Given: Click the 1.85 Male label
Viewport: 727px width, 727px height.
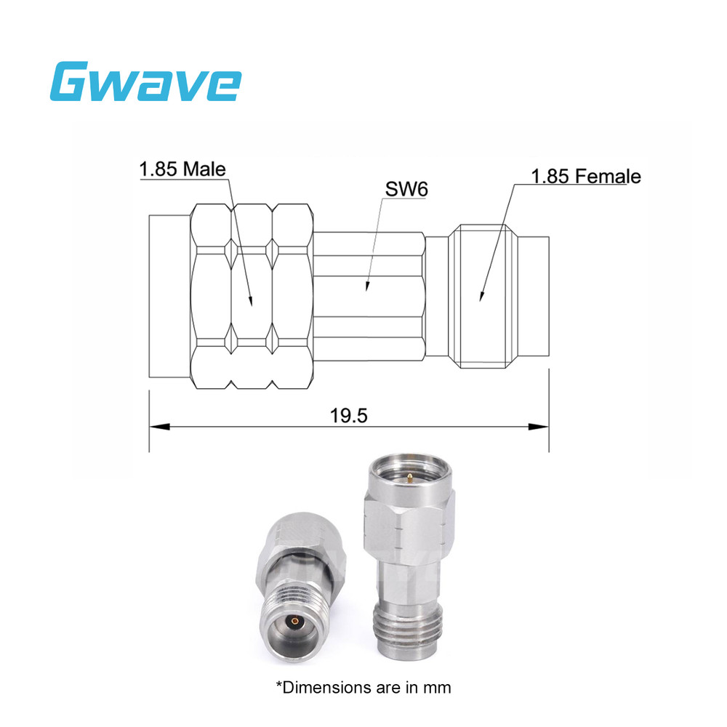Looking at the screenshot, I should pyautogui.click(x=182, y=169).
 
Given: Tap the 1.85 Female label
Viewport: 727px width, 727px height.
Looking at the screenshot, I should pyautogui.click(x=585, y=177).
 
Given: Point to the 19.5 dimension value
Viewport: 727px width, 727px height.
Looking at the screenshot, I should pyautogui.click(x=349, y=416).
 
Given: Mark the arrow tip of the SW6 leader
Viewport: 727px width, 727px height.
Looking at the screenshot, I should pyautogui.click(x=366, y=290).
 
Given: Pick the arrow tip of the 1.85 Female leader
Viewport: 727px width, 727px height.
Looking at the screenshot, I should pyautogui.click(x=480, y=298).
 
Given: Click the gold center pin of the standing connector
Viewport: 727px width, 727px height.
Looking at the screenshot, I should pyautogui.click(x=411, y=478).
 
